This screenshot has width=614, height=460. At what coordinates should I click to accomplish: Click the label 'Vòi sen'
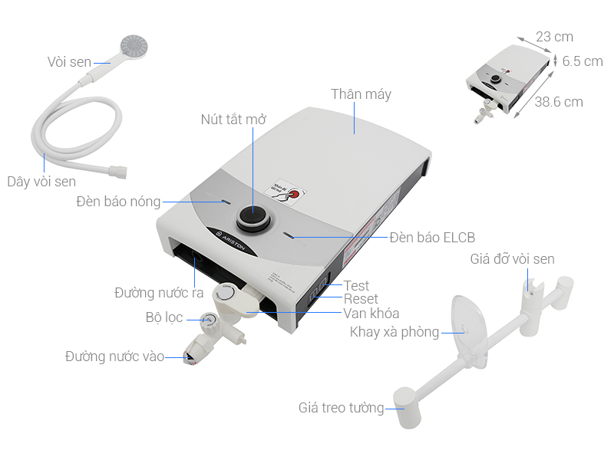click(69, 62)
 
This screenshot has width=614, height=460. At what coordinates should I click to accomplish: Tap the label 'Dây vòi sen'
click(41, 182)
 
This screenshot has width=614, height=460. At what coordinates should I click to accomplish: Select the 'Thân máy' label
click(361, 94)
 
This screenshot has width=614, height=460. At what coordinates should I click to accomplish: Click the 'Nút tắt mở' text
click(233, 120)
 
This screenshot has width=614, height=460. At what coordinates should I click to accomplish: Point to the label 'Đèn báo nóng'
click(118, 202)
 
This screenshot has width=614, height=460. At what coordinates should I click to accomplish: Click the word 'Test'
click(356, 286)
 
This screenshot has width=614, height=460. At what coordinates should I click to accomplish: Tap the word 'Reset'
click(361, 299)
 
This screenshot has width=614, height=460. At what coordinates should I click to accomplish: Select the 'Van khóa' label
click(371, 314)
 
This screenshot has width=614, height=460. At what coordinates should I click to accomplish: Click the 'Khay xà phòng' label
click(394, 332)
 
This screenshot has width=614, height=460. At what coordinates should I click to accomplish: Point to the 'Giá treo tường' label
click(341, 408)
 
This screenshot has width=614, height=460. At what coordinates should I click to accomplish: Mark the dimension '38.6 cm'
click(559, 102)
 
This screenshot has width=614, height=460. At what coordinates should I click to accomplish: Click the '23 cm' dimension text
click(554, 37)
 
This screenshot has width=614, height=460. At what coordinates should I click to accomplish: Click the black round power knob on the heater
click(253, 219)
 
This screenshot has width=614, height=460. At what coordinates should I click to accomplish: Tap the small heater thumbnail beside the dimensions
click(507, 81)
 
